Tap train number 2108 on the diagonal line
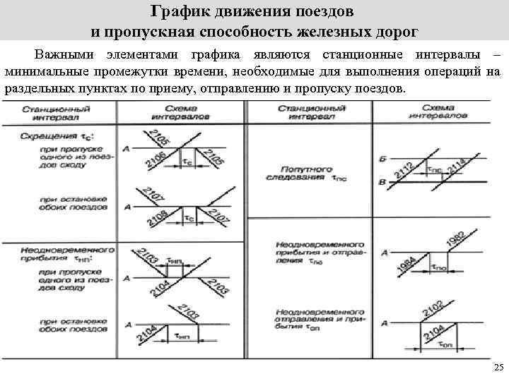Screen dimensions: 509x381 click(x=157, y=218)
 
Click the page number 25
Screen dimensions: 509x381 click(x=498, y=368)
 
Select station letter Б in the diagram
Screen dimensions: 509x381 click(x=382, y=160)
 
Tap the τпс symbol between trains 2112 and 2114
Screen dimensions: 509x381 click(x=434, y=169)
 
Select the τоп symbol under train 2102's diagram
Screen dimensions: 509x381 click(x=445, y=345)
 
